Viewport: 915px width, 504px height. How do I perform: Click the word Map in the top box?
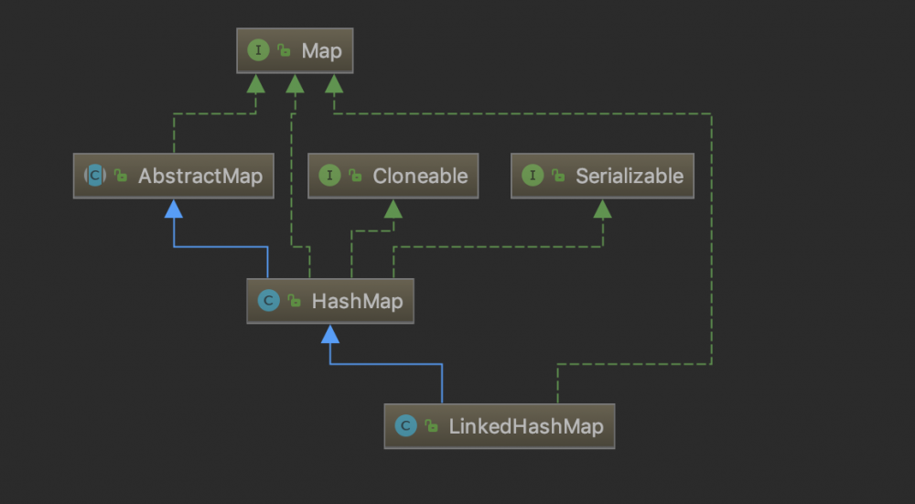tap(321, 50)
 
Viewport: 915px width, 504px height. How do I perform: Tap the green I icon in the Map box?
tap(259, 50)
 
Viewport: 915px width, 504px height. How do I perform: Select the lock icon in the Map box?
tap(285, 51)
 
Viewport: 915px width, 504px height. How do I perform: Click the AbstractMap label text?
tap(200, 176)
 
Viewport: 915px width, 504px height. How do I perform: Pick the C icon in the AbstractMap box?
tap(95, 176)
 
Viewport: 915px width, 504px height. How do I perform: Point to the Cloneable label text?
tap(420, 176)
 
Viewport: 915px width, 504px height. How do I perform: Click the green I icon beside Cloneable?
tap(329, 176)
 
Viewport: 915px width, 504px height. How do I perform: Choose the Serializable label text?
tap(630, 176)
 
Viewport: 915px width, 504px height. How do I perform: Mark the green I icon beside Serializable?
tap(533, 176)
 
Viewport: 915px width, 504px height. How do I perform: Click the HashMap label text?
tap(357, 301)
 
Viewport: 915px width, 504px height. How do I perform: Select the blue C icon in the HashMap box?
tap(268, 301)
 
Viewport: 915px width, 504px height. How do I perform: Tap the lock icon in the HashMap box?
tap(294, 302)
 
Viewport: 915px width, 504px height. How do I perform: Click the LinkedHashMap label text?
tap(525, 426)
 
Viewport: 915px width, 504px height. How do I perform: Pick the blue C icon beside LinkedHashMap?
tap(406, 426)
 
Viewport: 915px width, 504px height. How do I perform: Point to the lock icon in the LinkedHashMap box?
tap(432, 427)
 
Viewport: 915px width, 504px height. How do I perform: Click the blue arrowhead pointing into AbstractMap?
tap(173, 209)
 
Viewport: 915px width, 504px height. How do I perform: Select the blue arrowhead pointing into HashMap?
tap(330, 334)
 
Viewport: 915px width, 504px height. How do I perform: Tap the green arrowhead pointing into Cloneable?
tap(393, 209)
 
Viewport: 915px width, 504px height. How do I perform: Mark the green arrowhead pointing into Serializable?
tap(602, 209)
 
